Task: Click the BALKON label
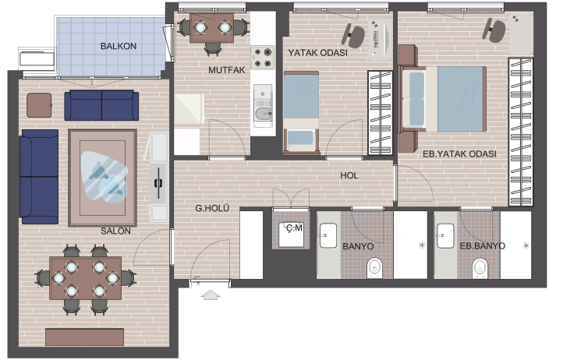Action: click(118, 46)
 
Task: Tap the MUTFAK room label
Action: click(227, 70)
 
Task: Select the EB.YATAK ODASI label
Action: click(459, 154)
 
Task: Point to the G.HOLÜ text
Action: click(212, 208)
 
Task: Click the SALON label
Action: click(115, 231)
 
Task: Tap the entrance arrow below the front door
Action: click(211, 295)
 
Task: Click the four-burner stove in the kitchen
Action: click(263, 58)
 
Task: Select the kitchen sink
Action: click(263, 106)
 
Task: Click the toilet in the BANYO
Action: click(374, 268)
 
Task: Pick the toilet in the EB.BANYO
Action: click(480, 268)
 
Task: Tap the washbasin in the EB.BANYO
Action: click(445, 236)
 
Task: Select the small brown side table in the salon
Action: click(39, 105)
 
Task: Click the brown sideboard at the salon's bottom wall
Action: click(85, 337)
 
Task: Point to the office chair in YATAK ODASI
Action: click(352, 36)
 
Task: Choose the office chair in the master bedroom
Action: click(494, 30)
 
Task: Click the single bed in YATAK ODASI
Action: click(301, 113)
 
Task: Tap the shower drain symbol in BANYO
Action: click(422, 245)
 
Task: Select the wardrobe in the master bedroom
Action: click(521, 132)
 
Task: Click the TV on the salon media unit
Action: click(158, 183)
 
